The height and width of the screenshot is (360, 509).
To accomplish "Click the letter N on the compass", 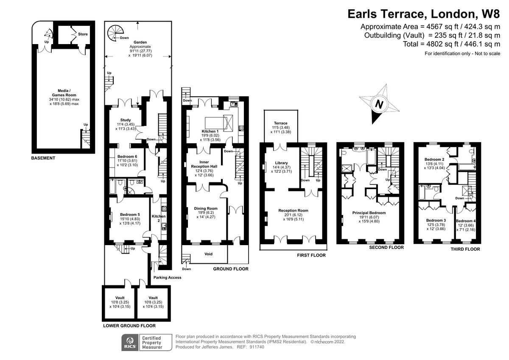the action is [x=379, y=104].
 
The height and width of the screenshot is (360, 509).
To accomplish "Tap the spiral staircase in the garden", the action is [x=115, y=33].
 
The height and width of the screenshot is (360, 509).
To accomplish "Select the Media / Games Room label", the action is [x=64, y=93].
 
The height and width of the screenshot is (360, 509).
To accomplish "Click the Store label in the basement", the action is [x=83, y=34].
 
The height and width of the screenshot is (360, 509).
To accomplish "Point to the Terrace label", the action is [x=281, y=123].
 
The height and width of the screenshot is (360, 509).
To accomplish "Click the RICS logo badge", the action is [x=130, y=343].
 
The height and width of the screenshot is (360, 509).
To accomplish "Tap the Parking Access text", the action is [x=167, y=277].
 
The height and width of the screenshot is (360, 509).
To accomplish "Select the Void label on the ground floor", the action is [x=208, y=254].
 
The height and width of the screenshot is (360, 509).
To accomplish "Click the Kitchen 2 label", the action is [x=159, y=218].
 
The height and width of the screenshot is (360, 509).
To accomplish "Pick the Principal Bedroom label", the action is [x=369, y=213].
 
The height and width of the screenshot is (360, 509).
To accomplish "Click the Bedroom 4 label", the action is [x=466, y=221].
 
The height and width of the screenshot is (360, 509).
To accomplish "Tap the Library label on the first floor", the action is [x=281, y=163].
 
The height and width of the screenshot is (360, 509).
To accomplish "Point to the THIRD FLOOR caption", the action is [x=465, y=249].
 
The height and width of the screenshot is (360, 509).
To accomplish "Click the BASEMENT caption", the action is [x=43, y=158].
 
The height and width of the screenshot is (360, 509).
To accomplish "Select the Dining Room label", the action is [x=206, y=208].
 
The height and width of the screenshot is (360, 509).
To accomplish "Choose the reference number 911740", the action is [x=257, y=347].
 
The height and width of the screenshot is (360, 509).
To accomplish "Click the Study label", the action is [x=126, y=120].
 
